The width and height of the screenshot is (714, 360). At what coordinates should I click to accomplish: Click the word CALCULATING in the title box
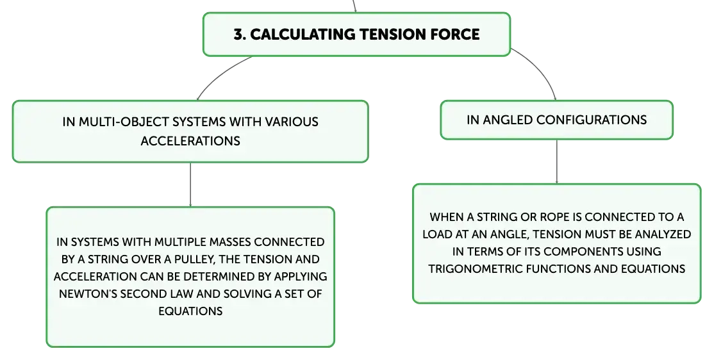303,35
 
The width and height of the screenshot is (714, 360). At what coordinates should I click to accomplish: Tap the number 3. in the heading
240,35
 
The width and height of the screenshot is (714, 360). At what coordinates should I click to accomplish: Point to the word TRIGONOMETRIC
476,268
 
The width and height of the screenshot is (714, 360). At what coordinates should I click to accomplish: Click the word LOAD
438,234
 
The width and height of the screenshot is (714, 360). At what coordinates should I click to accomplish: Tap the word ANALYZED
663,234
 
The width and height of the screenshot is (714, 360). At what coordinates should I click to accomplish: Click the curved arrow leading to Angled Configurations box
540,69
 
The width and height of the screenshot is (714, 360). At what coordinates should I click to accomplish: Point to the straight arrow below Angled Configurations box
556,161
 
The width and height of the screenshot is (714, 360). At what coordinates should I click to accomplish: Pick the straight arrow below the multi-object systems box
190,184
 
